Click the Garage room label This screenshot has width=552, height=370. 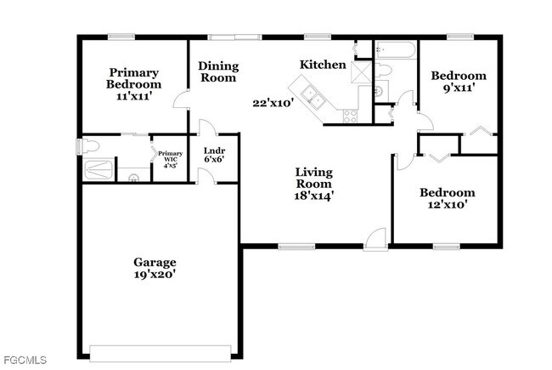154,262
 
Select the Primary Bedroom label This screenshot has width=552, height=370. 133,78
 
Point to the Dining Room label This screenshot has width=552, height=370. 218,71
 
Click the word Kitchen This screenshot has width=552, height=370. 323,65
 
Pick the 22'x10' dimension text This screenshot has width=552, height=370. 273,104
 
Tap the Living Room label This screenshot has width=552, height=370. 313,178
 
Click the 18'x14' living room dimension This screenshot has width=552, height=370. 313,195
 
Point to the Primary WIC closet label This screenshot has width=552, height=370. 170,158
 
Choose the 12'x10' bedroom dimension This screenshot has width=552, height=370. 448,204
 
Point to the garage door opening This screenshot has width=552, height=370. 160,352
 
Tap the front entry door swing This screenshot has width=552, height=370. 375,238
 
